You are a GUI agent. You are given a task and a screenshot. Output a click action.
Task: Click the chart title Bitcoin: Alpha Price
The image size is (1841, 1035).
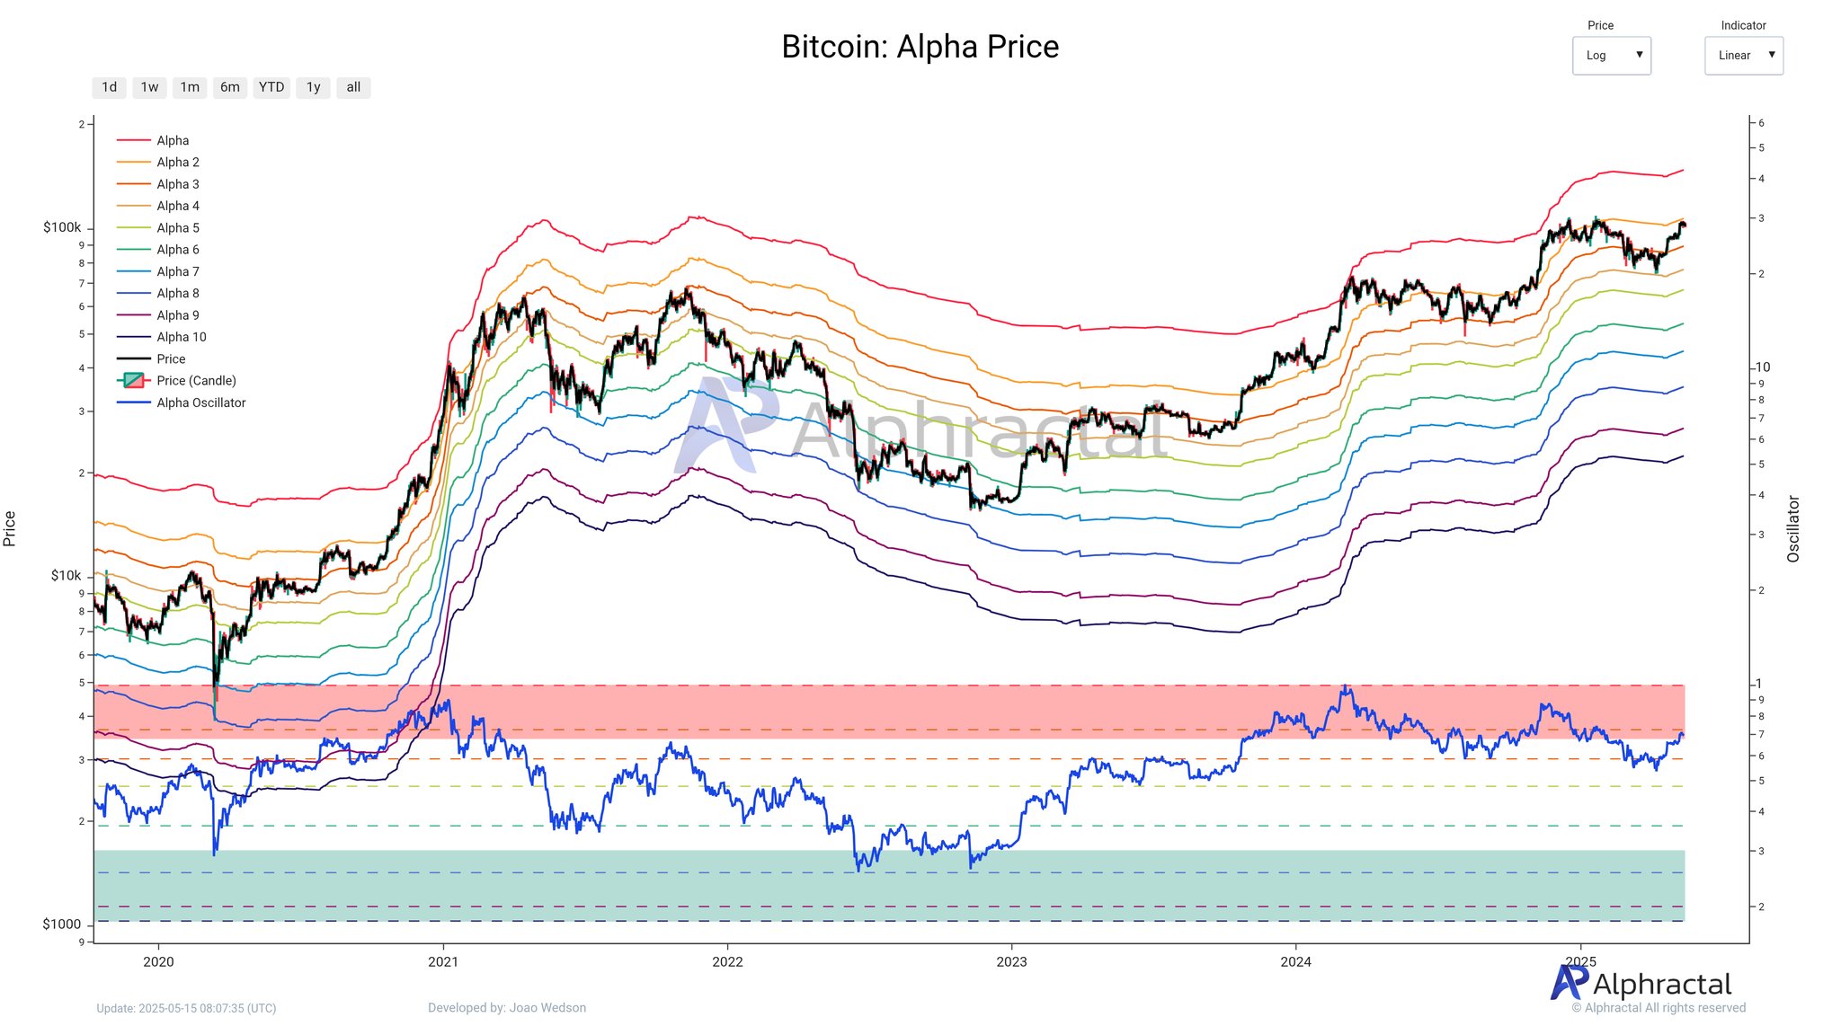pyautogui.click(x=920, y=47)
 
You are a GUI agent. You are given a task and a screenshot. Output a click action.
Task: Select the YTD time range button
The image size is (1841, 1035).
pyautogui.click(x=271, y=87)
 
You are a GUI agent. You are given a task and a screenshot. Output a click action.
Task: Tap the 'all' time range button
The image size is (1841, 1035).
pyautogui.click(x=353, y=87)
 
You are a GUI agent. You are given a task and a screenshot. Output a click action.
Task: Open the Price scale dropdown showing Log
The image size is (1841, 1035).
pyautogui.click(x=1611, y=56)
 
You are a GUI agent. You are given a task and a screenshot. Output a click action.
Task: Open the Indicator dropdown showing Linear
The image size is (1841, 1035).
pyautogui.click(x=1743, y=56)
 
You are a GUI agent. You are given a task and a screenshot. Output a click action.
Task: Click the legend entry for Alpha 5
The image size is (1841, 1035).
pyautogui.click(x=177, y=228)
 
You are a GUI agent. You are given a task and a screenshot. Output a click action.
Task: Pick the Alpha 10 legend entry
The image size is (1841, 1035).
pyautogui.click(x=181, y=337)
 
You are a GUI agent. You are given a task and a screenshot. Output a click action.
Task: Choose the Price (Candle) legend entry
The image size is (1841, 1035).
pyautogui.click(x=196, y=381)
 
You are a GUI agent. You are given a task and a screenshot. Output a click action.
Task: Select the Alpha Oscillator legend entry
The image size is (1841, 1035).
pyautogui.click(x=200, y=402)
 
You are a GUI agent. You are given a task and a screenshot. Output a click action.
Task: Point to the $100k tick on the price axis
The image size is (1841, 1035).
pyautogui.click(x=62, y=227)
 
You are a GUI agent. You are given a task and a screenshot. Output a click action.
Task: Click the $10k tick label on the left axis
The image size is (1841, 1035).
pyautogui.click(x=66, y=575)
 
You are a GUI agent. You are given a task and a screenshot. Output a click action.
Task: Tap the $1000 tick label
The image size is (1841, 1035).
pyautogui.click(x=62, y=924)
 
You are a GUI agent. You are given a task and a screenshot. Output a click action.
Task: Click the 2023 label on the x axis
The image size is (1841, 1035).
pyautogui.click(x=1011, y=961)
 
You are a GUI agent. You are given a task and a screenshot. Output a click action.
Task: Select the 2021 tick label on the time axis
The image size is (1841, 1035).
pyautogui.click(x=443, y=961)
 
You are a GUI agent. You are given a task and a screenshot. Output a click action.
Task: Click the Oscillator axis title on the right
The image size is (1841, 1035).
pyautogui.click(x=1793, y=529)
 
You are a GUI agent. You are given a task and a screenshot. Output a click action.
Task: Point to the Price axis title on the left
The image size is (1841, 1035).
pyautogui.click(x=10, y=528)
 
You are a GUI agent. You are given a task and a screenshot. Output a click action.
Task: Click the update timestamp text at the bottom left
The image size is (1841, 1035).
pyautogui.click(x=186, y=1008)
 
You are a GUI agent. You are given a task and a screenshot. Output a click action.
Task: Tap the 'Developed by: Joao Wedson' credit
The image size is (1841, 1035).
pyautogui.click(x=507, y=1008)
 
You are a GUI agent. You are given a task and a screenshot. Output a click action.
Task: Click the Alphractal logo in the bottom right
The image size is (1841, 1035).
pyautogui.click(x=1641, y=984)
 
